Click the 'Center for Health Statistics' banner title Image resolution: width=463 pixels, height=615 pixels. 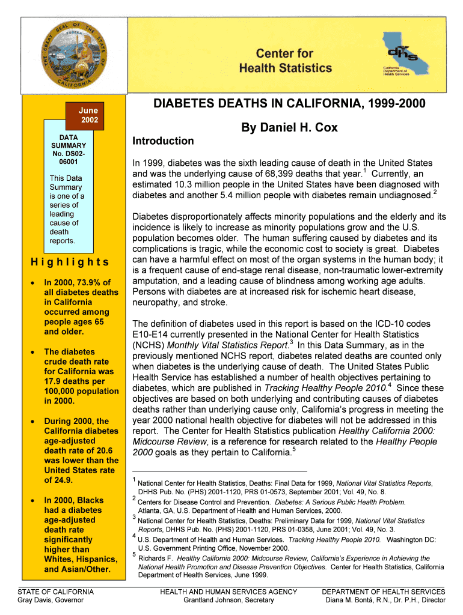[x=285, y=61]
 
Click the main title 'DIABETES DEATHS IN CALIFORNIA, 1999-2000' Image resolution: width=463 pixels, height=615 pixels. [x=290, y=105]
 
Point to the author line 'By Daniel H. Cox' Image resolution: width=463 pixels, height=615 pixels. [x=290, y=128]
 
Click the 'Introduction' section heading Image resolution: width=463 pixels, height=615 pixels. [x=163, y=141]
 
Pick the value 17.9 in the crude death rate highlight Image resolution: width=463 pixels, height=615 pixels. [x=54, y=381]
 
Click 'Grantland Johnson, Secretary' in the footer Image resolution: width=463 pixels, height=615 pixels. [x=228, y=600]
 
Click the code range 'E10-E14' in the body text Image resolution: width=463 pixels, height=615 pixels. [x=151, y=335]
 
